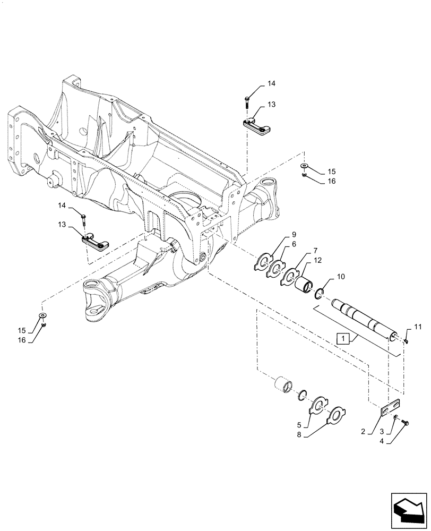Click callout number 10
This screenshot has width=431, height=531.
pyautogui.click(x=340, y=277)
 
